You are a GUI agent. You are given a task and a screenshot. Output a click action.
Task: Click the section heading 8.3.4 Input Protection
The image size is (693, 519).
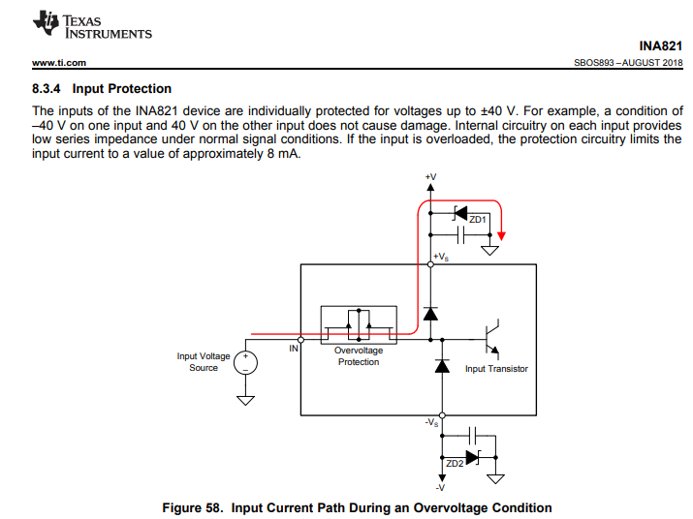click(x=102, y=89)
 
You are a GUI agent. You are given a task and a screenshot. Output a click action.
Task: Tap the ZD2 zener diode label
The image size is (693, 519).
click(x=454, y=465)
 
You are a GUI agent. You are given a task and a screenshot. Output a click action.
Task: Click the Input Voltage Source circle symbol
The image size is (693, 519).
click(x=246, y=362)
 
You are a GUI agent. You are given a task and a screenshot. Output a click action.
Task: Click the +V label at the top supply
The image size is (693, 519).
click(x=430, y=177)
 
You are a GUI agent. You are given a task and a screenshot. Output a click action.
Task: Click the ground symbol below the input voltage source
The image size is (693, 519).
click(x=246, y=398)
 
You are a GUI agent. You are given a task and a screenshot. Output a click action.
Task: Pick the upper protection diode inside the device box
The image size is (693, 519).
click(x=430, y=313)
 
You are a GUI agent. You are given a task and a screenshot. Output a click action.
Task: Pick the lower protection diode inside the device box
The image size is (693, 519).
click(x=443, y=366)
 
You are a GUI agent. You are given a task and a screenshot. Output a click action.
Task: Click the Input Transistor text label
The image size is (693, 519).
click(x=496, y=369)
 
